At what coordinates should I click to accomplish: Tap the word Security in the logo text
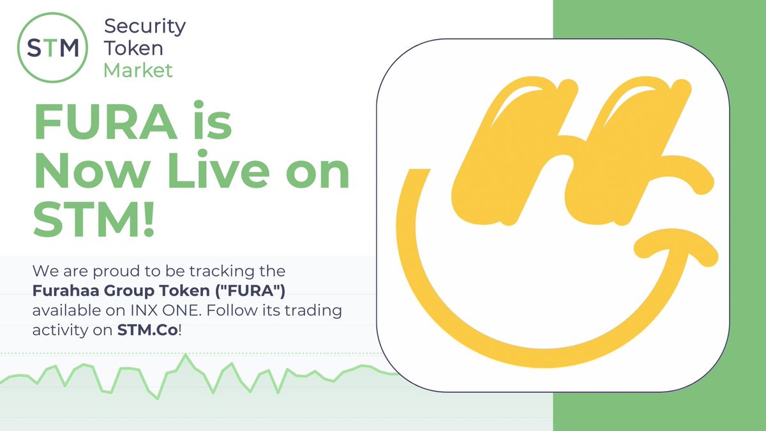pyautogui.click(x=145, y=27)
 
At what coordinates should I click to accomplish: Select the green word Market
pyautogui.click(x=138, y=70)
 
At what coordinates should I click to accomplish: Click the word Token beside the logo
pyautogui.click(x=133, y=49)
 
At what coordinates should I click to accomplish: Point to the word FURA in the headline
pyautogui.click(x=106, y=121)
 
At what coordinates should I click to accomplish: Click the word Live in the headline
pyautogui.click(x=218, y=170)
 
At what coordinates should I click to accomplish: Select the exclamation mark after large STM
pyautogui.click(x=149, y=219)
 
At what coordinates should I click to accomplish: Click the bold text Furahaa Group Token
pyautogui.click(x=121, y=291)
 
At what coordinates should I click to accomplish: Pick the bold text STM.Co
pyautogui.click(x=147, y=330)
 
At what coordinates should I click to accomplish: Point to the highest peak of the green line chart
pyautogui.click(x=186, y=355)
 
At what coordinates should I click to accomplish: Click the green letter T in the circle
pyautogui.click(x=51, y=49)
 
